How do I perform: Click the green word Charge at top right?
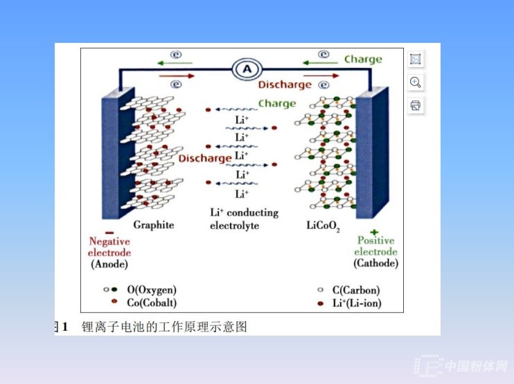[363, 60]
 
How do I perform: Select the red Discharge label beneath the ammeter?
[285, 85]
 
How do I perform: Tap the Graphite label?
[153, 225]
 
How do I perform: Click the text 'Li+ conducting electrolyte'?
[244, 219]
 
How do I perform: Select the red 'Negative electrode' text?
[109, 247]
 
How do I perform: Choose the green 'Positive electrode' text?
[375, 246]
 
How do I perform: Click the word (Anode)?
[109, 264]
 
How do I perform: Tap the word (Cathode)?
[375, 263]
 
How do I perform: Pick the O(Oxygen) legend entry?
[151, 289]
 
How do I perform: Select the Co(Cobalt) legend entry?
[151, 302]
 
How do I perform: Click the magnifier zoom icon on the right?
[416, 82]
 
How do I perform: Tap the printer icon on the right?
[416, 105]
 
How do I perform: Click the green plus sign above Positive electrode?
[375, 232]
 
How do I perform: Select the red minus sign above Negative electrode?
[109, 232]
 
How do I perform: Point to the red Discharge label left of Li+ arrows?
[204, 158]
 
